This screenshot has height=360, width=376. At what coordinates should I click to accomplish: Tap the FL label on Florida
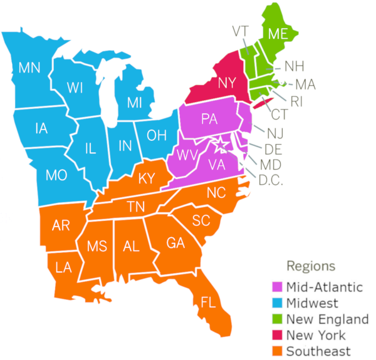209,302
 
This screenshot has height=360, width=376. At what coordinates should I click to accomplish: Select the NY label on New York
227,82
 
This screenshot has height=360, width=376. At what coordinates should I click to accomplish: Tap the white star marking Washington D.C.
221,146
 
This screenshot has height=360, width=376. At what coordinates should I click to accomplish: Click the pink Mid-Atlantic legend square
277,287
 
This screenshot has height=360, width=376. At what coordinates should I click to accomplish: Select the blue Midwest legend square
277,304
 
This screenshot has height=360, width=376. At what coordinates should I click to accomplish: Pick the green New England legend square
277,319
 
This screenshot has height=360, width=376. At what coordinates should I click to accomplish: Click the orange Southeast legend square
277,351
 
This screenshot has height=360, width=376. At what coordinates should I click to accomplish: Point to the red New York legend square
277,336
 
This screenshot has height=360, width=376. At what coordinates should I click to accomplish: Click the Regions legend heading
311,265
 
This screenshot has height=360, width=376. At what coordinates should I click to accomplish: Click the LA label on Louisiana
63,267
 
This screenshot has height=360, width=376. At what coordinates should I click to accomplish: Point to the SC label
201,220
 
